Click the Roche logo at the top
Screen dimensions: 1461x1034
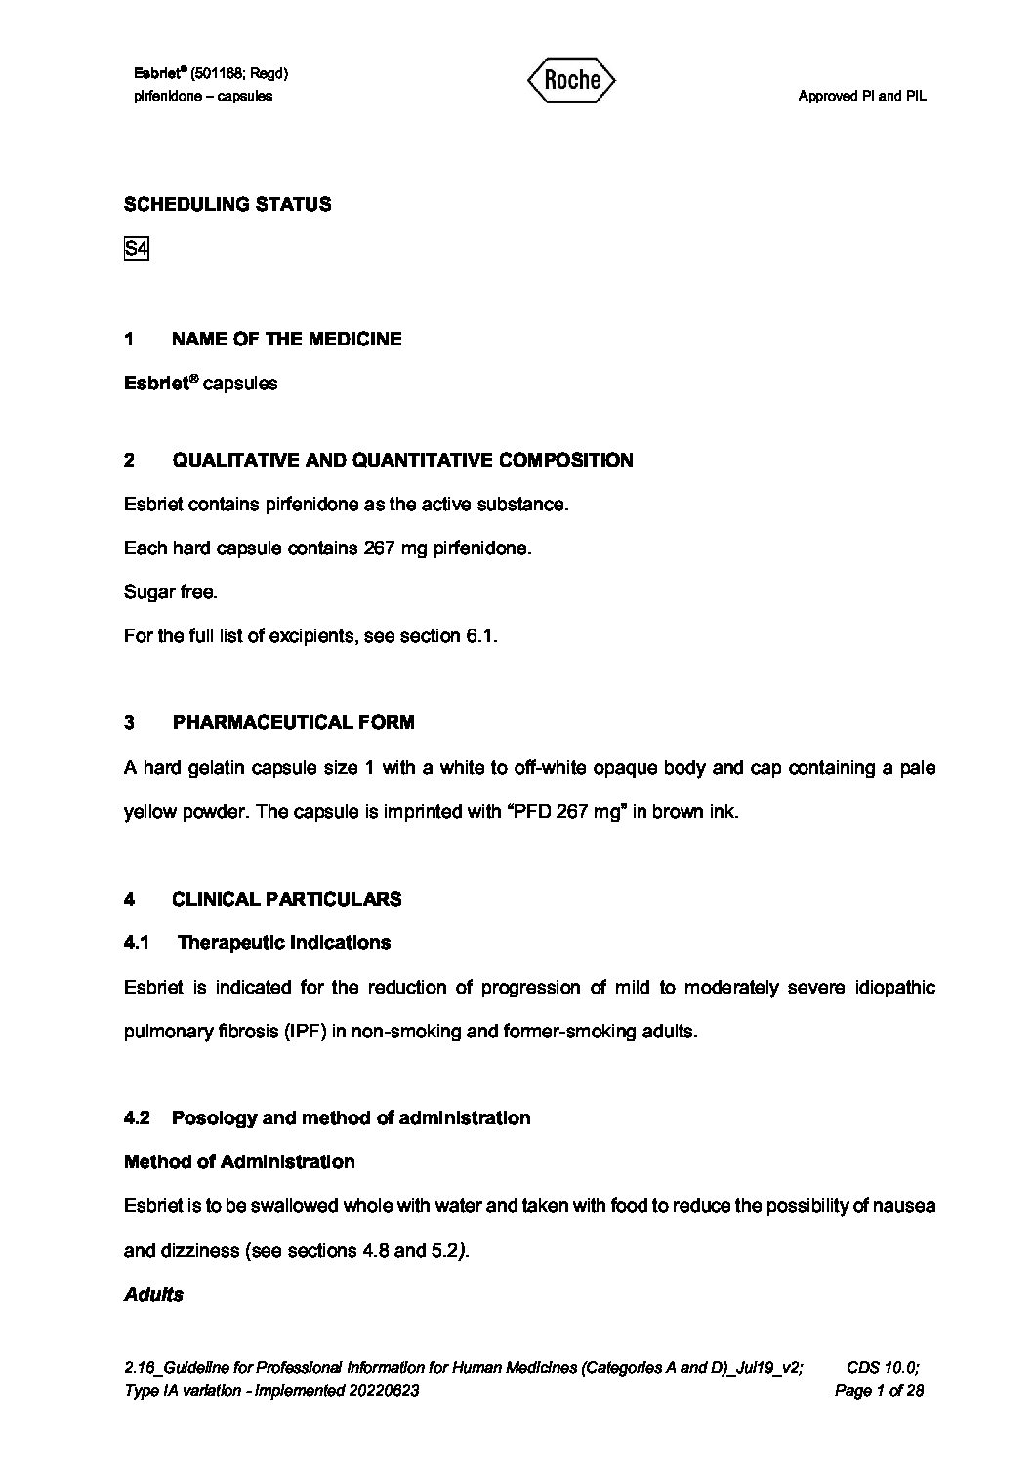pyautogui.click(x=571, y=80)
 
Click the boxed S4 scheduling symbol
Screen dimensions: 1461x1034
pyautogui.click(x=136, y=249)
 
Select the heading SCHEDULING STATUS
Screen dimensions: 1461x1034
pyautogui.click(x=227, y=204)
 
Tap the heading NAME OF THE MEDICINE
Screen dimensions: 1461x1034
pyautogui.click(x=286, y=339)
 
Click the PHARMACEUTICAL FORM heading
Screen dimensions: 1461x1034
pyautogui.click(x=293, y=722)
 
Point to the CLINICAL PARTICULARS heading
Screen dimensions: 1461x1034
pyautogui.click(x=286, y=899)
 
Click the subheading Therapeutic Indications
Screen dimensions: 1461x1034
pyautogui.click(x=283, y=942)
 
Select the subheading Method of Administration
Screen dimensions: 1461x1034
pyautogui.click(x=239, y=1161)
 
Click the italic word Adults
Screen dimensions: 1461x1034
pyautogui.click(x=153, y=1294)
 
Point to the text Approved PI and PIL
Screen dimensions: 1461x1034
pyautogui.click(x=861, y=96)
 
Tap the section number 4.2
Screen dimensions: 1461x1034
pyautogui.click(x=137, y=1117)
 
